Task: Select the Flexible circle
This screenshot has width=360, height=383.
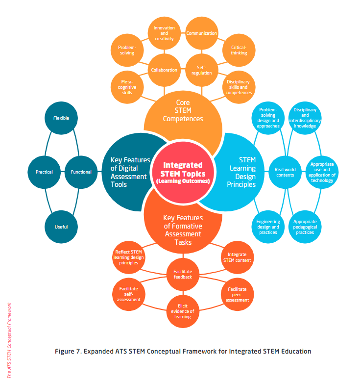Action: click(61, 118)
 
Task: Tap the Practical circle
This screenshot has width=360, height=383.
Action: click(44, 172)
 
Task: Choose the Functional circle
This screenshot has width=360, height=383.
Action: click(81, 172)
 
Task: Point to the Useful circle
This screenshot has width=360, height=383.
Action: click(61, 227)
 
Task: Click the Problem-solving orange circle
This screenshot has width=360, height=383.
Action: click(126, 50)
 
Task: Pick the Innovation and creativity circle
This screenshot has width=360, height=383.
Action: click(164, 33)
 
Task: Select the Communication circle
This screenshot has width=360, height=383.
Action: click(201, 33)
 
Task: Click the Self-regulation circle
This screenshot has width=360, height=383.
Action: click(201, 70)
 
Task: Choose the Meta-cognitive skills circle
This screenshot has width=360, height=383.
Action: click(126, 87)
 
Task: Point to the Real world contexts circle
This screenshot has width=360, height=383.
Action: click(285, 172)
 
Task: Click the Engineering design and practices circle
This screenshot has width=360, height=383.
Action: click(268, 227)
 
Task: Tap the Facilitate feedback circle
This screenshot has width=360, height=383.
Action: click(183, 274)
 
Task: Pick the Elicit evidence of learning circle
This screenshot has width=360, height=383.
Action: click(183, 311)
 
